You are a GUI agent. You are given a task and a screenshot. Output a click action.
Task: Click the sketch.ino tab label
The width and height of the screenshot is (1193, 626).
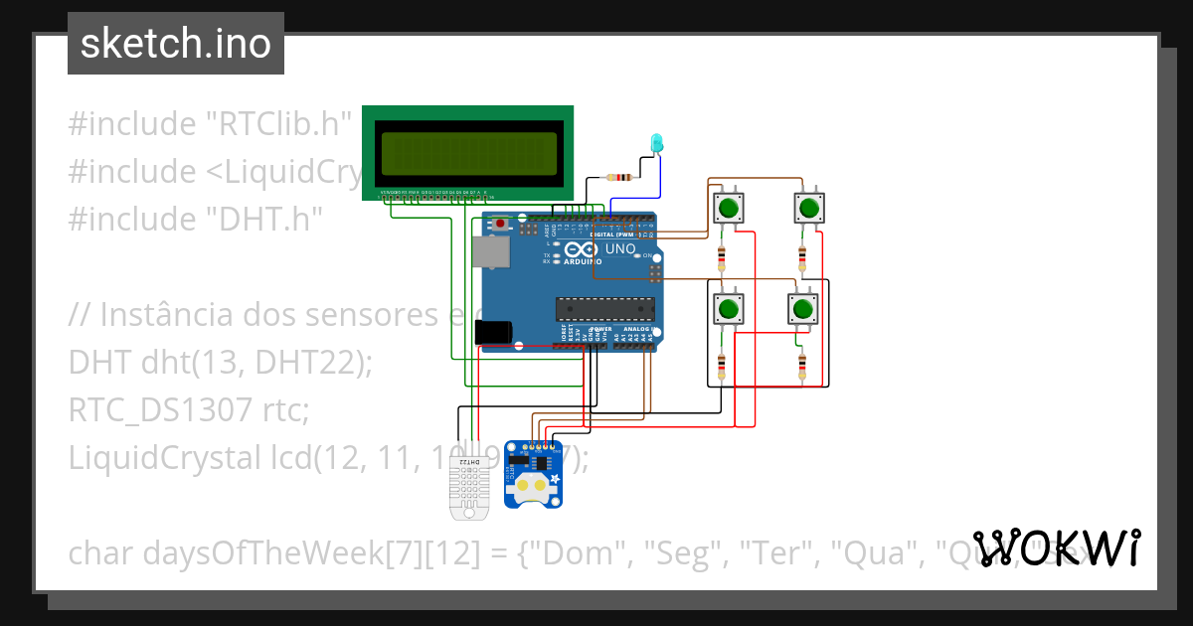tap(175, 44)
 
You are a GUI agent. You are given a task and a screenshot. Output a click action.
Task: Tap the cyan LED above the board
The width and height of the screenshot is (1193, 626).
tap(655, 143)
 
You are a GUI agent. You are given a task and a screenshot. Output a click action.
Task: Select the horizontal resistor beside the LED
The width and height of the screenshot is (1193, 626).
tap(621, 178)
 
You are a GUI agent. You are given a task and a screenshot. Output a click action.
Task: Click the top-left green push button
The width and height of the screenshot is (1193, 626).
tap(729, 209)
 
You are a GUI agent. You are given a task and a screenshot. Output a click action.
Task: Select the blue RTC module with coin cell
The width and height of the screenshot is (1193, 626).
tap(533, 475)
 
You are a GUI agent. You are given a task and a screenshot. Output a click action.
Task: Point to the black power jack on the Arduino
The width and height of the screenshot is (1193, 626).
tap(494, 333)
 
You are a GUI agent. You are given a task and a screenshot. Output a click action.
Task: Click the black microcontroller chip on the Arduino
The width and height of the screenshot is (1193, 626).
tap(605, 309)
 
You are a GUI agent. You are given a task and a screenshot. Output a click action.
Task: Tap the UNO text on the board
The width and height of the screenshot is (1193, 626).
tap(620, 248)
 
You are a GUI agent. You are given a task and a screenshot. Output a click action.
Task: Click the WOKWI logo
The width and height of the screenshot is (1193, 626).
tap(1056, 548)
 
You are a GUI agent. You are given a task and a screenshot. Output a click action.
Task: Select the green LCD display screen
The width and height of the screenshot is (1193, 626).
tap(466, 152)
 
